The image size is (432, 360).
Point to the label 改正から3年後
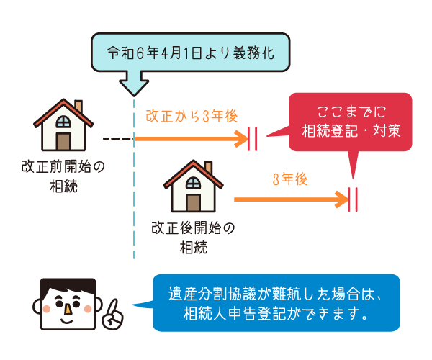click(192, 115)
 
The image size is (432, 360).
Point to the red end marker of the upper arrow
click(253, 137)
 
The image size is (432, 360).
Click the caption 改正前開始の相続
click(63, 176)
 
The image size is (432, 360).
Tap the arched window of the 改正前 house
click(63, 120)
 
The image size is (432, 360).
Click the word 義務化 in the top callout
click(253, 53)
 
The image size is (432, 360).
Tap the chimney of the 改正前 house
click(78, 106)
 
